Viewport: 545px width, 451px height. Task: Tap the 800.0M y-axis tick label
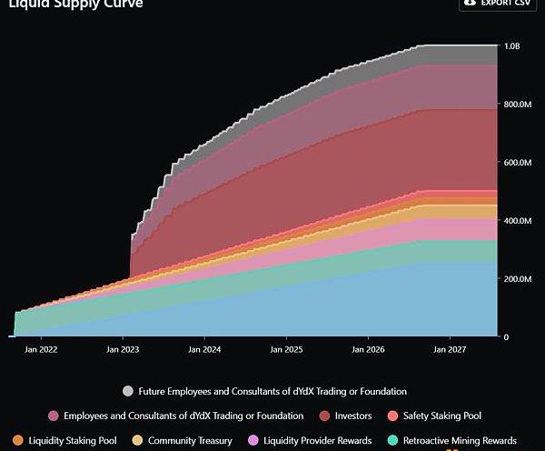point(516,105)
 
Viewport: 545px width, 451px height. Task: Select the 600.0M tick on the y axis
point(516,163)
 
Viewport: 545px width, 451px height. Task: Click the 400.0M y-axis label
point(516,221)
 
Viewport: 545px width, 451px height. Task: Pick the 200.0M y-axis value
point(516,279)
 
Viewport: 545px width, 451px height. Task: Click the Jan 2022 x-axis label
point(43,348)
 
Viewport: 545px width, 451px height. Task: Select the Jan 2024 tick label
point(205,348)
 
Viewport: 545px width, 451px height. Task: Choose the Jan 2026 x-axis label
point(368,348)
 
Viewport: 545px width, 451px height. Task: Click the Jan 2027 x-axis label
point(450,348)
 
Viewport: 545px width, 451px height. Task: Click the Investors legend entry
point(352,416)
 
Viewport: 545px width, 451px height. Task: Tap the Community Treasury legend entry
point(189,441)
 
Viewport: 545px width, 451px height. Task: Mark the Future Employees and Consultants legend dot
point(128,391)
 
